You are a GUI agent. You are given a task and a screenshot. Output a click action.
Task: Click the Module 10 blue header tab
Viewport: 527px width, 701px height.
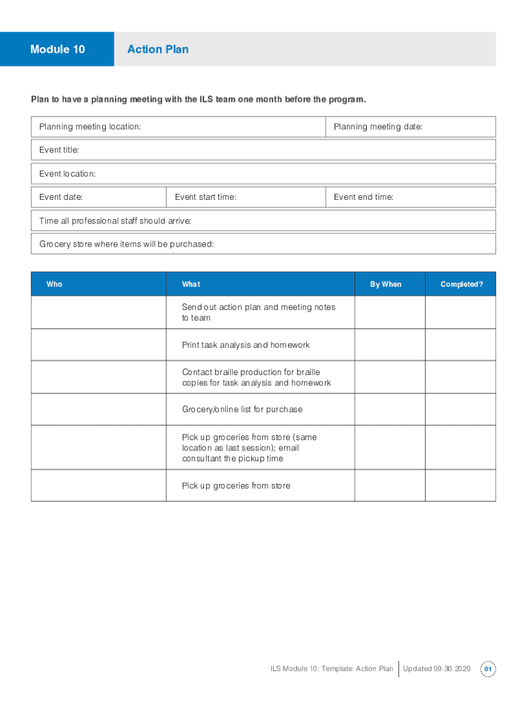pyautogui.click(x=57, y=49)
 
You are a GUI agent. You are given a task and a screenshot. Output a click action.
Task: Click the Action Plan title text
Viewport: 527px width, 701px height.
pyautogui.click(x=158, y=49)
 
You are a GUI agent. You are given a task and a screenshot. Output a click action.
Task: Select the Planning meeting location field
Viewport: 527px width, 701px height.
pyautogui.click(x=178, y=127)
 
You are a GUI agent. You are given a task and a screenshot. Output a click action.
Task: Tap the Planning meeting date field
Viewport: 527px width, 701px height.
pyautogui.click(x=410, y=127)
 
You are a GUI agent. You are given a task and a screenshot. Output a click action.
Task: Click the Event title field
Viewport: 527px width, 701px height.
pyautogui.click(x=263, y=150)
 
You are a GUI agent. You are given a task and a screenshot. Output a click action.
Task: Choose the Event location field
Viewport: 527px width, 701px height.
pyautogui.click(x=263, y=174)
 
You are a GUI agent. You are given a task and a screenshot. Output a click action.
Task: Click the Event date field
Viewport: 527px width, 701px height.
pyautogui.click(x=99, y=197)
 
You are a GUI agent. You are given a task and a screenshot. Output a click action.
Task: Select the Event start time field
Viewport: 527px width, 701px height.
pyautogui.click(x=246, y=197)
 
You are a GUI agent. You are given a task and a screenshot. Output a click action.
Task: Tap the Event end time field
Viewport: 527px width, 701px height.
pyautogui.click(x=410, y=197)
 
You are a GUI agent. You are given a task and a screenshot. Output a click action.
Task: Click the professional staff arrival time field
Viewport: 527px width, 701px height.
pyautogui.click(x=263, y=220)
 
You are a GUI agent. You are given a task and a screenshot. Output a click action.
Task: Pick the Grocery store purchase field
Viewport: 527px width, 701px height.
pyautogui.click(x=263, y=244)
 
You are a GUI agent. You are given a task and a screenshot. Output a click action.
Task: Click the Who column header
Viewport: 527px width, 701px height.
pyautogui.click(x=54, y=284)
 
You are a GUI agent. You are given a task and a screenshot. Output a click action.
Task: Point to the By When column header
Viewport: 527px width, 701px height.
pyautogui.click(x=386, y=284)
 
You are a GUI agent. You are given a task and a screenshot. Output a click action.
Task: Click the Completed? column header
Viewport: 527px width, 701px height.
pyautogui.click(x=461, y=284)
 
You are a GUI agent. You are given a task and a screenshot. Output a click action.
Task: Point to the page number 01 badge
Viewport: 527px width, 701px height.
pyautogui.click(x=488, y=669)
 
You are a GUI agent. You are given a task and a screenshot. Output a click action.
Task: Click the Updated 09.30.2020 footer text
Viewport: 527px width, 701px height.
pyautogui.click(x=437, y=669)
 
